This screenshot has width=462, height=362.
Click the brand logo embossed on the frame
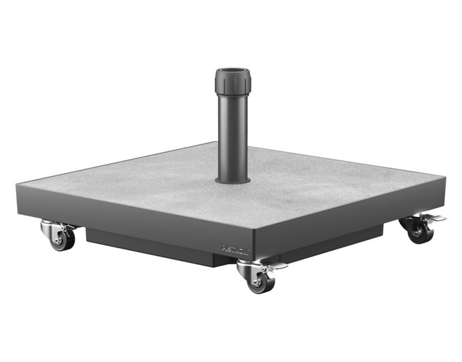[x=236, y=251]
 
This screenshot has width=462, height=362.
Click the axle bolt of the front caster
[x=257, y=279]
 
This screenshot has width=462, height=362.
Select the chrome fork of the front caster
[x=249, y=269]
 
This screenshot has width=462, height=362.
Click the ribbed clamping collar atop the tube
[x=234, y=81]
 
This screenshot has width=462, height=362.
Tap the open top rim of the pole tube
[x=234, y=71]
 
